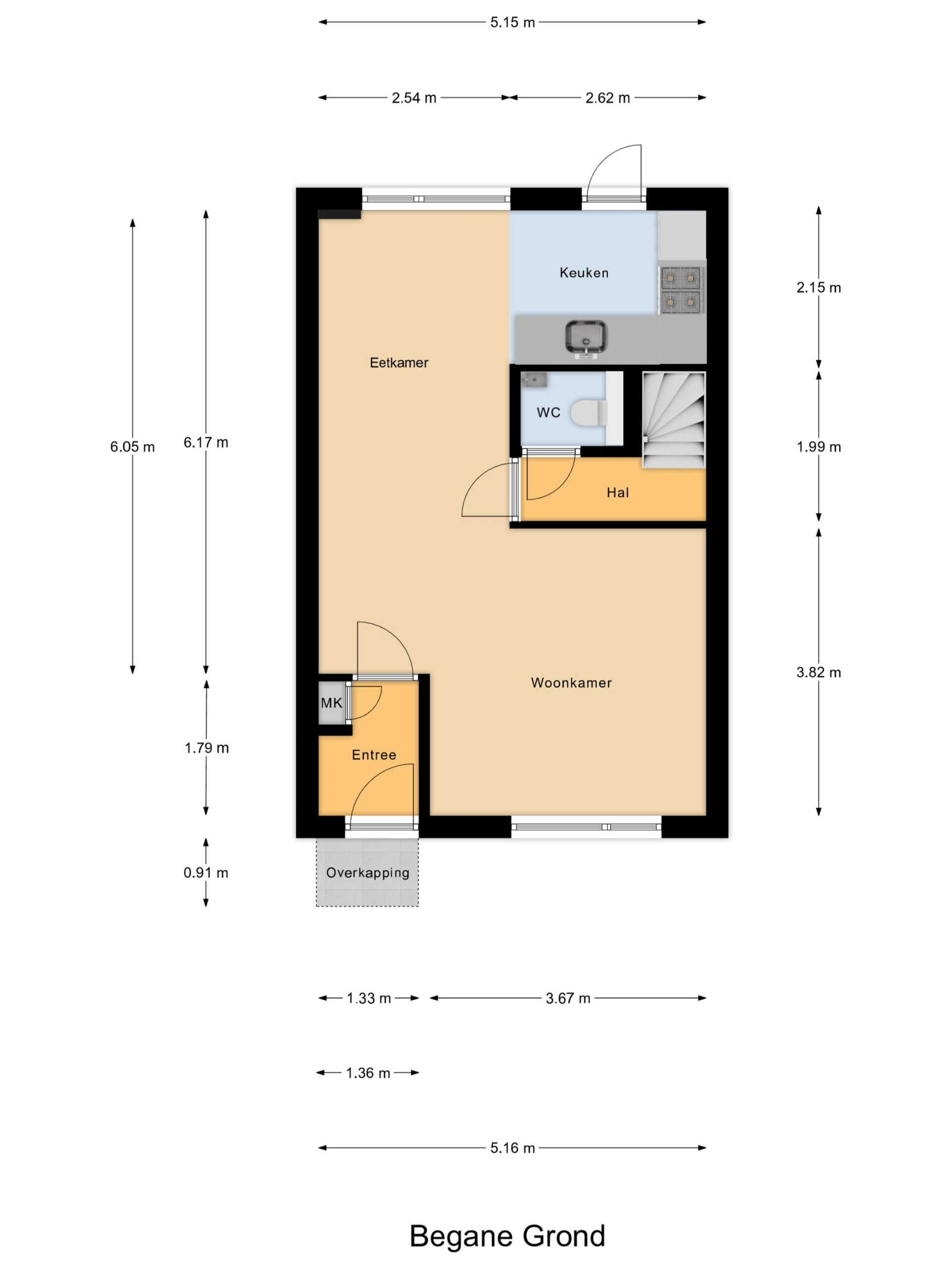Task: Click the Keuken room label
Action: tap(583, 273)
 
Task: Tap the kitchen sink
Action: tap(586, 339)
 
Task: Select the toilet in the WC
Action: tap(589, 412)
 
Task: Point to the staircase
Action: tap(674, 420)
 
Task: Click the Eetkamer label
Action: tap(399, 362)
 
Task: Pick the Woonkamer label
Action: tap(571, 683)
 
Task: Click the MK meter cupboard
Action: tap(331, 703)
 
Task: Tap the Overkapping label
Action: tap(368, 872)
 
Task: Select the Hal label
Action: tap(617, 492)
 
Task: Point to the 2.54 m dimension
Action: tap(414, 98)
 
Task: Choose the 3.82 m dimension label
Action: tap(819, 672)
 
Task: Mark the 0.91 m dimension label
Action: tap(206, 872)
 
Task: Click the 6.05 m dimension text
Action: tap(132, 447)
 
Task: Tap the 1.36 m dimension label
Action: tap(368, 1073)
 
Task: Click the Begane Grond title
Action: tap(507, 1236)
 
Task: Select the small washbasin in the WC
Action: tap(533, 380)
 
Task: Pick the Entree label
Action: tap(374, 755)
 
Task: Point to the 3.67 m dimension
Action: tap(568, 998)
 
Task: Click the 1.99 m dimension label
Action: tap(819, 447)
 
